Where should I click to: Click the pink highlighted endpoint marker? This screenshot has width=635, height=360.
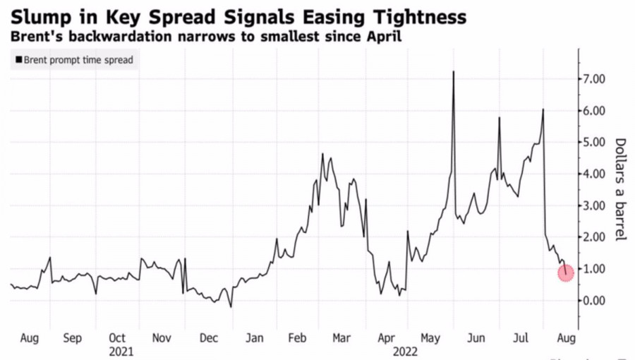(566, 273)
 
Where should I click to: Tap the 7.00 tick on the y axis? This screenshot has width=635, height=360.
(592, 79)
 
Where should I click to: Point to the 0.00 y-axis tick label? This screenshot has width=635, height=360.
(592, 301)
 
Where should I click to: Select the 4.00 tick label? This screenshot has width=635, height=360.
(592, 174)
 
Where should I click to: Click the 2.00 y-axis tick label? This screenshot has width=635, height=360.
(592, 237)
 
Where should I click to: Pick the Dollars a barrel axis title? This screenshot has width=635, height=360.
(620, 188)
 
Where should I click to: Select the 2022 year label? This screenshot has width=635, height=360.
(406, 349)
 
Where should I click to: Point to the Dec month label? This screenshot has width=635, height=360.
(209, 337)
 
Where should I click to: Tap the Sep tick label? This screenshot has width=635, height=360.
(73, 337)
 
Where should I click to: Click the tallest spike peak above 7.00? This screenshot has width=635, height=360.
(453, 72)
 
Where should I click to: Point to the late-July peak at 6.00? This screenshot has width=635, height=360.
(543, 110)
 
